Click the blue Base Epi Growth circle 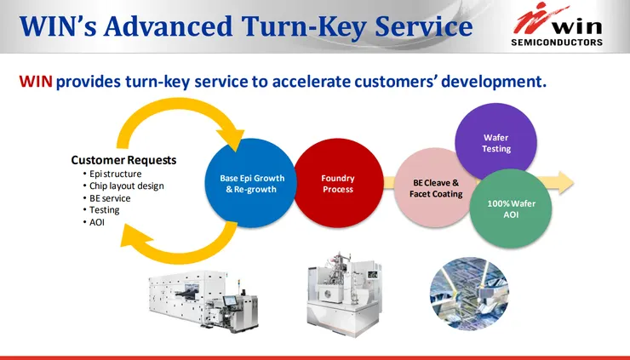click(x=250, y=183)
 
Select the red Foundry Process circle click(x=338, y=183)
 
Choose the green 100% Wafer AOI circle click(x=511, y=209)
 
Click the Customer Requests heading click(x=123, y=160)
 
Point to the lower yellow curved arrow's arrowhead click(x=135, y=237)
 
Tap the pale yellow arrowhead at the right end click(x=565, y=183)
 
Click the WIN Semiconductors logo click(x=557, y=25)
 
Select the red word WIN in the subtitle click(x=36, y=82)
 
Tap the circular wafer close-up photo click(x=469, y=294)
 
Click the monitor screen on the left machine click(x=231, y=300)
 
